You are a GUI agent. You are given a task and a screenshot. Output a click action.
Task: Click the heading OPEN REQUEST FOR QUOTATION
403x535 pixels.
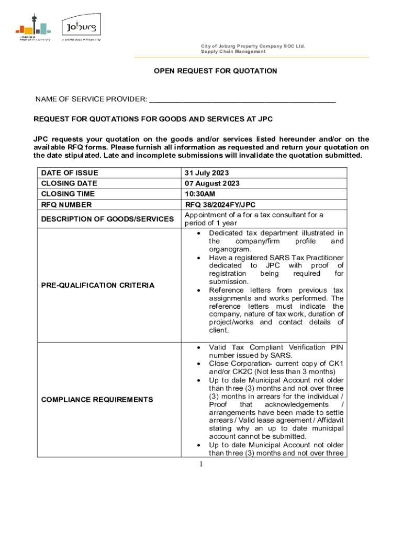tap(215, 71)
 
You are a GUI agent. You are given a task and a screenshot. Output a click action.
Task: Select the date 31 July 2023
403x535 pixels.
tap(207, 173)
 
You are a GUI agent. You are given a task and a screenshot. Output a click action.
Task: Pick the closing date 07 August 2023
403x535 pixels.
tap(212, 183)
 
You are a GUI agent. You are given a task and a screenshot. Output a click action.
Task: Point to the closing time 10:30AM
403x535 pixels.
tap(200, 194)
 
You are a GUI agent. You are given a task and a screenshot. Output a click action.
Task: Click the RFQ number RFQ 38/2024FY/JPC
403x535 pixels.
tap(220, 205)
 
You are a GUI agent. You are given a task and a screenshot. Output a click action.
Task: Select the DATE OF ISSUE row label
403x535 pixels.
tap(69, 173)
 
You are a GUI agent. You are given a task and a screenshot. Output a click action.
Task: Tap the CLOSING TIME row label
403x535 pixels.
tap(68, 194)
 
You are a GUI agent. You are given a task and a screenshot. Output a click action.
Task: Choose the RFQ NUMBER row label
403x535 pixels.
tap(66, 205)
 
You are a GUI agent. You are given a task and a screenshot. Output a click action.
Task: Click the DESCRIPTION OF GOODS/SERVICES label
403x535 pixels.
tap(107, 219)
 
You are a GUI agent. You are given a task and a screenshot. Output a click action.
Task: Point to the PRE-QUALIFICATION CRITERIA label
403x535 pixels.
tap(98, 285)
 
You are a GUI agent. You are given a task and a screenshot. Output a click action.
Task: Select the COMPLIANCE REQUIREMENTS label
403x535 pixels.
tap(97, 400)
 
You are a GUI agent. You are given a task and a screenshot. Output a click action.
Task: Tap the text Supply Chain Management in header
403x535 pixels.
tap(233, 52)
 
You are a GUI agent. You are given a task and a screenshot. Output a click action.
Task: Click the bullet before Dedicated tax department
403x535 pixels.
tap(197, 233)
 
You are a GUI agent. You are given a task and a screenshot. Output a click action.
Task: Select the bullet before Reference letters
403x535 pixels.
tap(197, 290)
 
